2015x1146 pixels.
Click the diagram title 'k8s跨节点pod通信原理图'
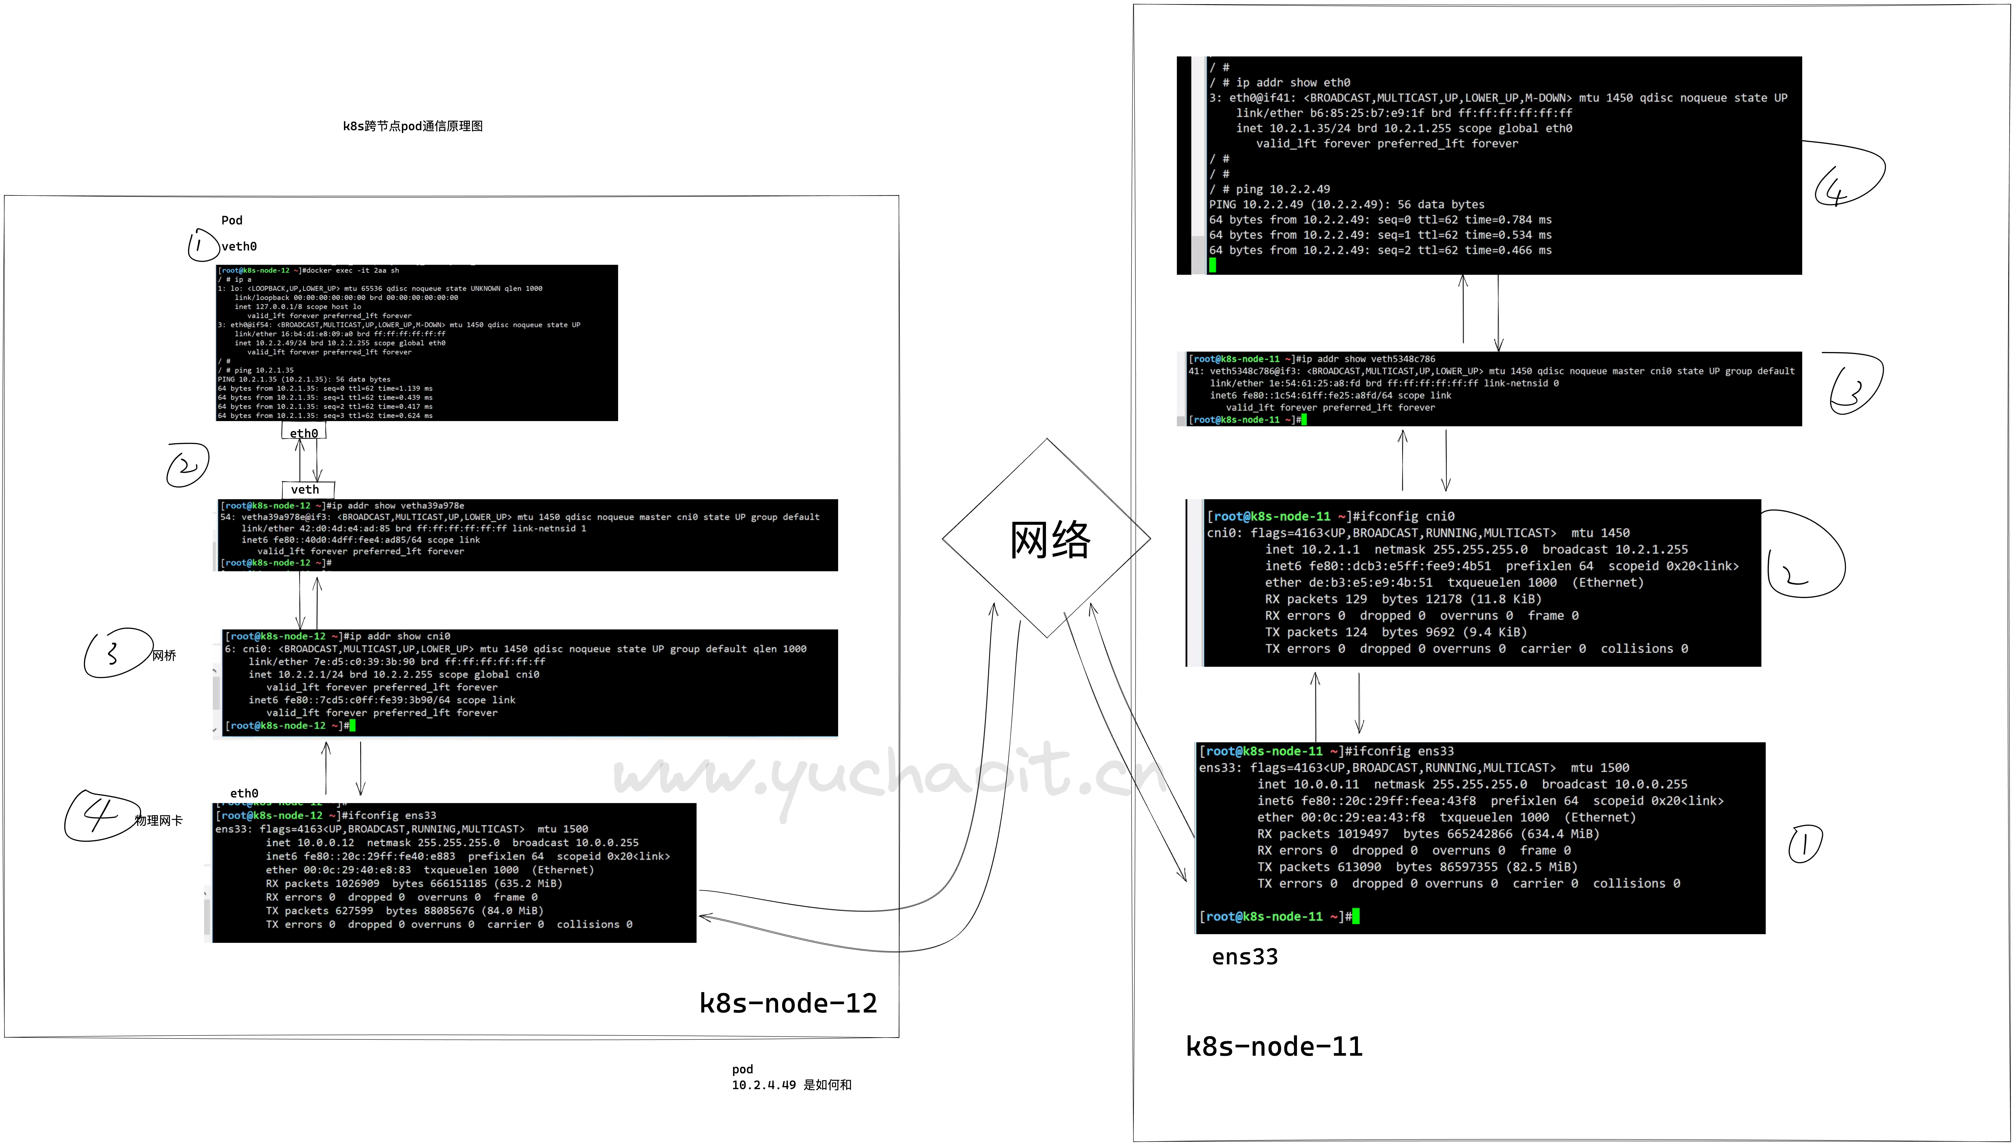tap(413, 126)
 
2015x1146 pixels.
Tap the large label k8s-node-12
tap(788, 1003)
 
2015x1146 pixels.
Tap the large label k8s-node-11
tap(1274, 1046)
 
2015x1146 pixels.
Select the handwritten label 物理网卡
tap(159, 820)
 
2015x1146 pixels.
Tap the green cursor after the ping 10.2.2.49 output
tap(1213, 265)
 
